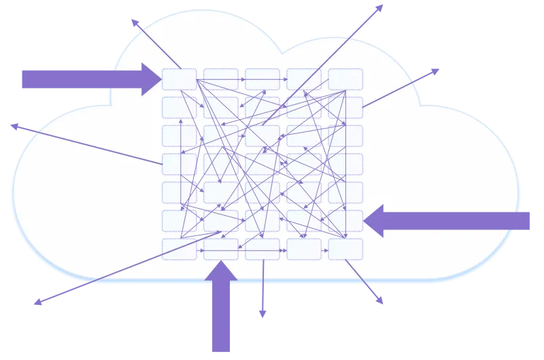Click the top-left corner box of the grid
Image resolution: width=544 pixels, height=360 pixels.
click(x=180, y=79)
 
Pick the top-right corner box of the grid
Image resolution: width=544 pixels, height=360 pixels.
click(x=345, y=79)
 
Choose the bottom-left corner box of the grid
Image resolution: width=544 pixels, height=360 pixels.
click(x=180, y=249)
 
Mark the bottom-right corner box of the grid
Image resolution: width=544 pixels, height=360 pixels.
click(x=345, y=249)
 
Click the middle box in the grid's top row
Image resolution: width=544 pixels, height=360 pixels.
click(x=262, y=79)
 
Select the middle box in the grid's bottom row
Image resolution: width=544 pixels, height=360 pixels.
click(x=262, y=249)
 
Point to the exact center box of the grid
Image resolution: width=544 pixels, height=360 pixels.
click(x=262, y=164)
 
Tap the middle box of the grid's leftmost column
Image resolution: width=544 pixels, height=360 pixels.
click(x=180, y=164)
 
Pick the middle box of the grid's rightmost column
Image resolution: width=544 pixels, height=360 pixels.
click(x=345, y=164)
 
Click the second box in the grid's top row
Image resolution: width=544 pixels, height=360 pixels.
click(x=221, y=79)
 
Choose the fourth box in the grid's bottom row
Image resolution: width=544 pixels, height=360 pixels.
click(x=304, y=249)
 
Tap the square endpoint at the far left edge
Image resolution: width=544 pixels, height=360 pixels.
click(x=12, y=125)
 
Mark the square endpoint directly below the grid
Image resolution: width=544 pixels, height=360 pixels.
click(x=262, y=313)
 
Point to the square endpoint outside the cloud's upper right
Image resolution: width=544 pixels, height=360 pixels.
click(x=436, y=70)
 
